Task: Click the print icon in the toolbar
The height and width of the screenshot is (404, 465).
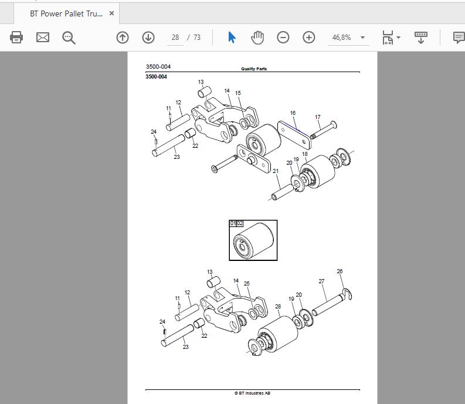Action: coord(16,38)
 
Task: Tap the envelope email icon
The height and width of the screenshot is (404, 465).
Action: coord(43,38)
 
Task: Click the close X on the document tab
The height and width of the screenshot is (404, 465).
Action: coord(111,13)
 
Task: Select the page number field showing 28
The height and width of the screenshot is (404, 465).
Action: coord(175,38)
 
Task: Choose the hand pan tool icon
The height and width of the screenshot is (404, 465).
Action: coord(257,38)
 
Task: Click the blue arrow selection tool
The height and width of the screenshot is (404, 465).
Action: coord(232,38)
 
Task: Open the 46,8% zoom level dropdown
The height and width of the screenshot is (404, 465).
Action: coord(362,38)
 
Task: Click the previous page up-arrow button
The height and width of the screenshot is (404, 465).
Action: coord(123,38)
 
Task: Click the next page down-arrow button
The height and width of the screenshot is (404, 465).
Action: coord(148,38)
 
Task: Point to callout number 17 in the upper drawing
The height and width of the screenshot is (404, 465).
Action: coord(318,117)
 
